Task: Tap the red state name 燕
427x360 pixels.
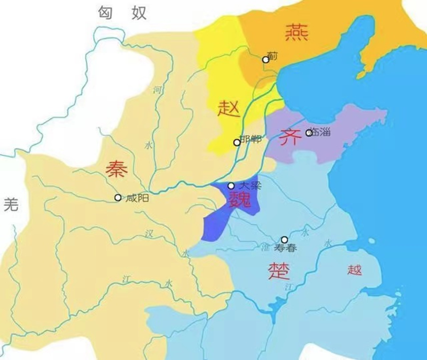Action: (297, 33)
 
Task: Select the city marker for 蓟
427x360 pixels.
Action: (266, 60)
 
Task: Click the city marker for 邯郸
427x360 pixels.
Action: (237, 143)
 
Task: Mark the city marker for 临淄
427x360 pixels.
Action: (309, 132)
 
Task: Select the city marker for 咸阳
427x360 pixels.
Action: (117, 198)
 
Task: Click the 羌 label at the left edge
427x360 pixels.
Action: (10, 204)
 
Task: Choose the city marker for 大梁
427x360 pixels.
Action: (231, 186)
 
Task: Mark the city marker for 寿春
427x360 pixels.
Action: (284, 240)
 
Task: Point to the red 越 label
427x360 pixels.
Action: (354, 270)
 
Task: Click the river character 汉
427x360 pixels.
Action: (149, 233)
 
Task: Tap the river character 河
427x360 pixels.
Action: (157, 90)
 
